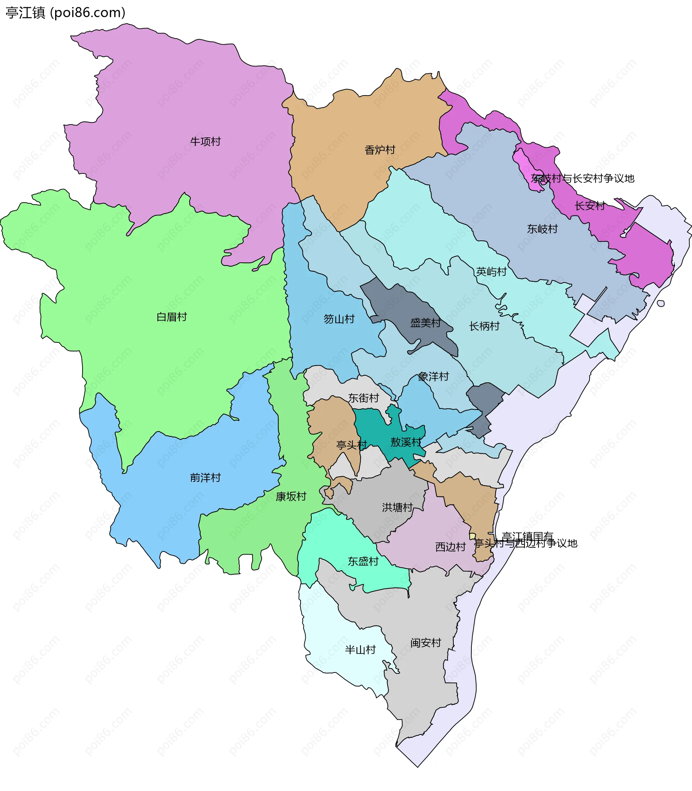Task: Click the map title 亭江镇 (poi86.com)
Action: (x=66, y=13)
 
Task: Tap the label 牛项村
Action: (x=205, y=142)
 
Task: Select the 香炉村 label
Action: (x=380, y=150)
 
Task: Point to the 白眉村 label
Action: (x=172, y=317)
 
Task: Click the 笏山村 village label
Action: (x=339, y=319)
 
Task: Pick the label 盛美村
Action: (x=425, y=323)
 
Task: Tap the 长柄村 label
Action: (x=484, y=326)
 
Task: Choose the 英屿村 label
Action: (x=491, y=272)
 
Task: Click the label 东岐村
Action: (x=542, y=229)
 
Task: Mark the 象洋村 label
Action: (x=433, y=376)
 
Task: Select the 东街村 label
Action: (x=363, y=397)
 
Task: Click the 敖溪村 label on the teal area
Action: (x=405, y=442)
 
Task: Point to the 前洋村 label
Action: (x=205, y=477)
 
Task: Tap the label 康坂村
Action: (x=291, y=497)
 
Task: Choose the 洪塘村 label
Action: (x=397, y=507)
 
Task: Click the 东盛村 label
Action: (x=363, y=561)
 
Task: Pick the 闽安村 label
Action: (x=426, y=643)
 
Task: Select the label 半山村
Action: (x=360, y=650)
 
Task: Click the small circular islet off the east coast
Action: (x=661, y=303)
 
